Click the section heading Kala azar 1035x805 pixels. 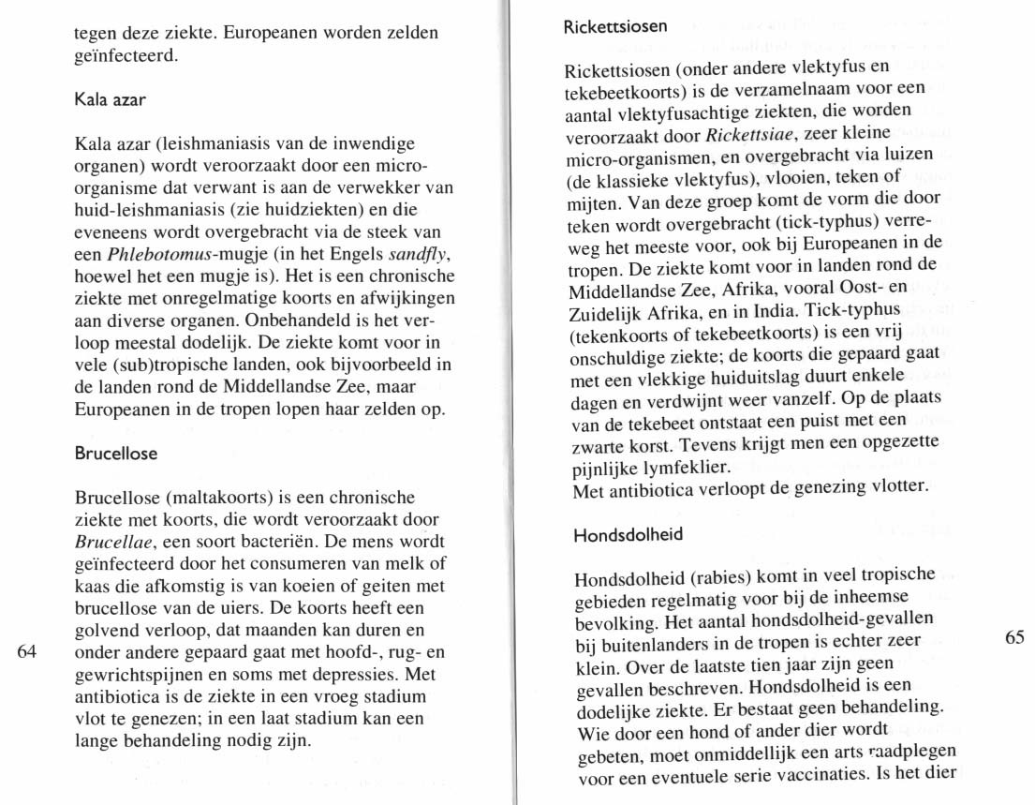(110, 98)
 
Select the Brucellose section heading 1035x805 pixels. (115, 454)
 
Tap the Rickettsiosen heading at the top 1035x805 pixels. (615, 26)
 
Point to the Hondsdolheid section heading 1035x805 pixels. (628, 535)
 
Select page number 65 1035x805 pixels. (1014, 638)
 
